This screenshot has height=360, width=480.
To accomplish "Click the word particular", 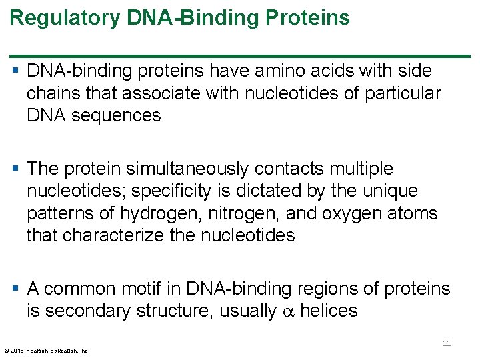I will pos(403,93).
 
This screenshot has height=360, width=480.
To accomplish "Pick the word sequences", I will pos(125,115).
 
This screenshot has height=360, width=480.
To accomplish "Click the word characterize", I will pos(123,235).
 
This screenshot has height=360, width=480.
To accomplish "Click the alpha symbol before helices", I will pos(288,312).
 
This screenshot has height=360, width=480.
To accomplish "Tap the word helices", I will pos(329,311).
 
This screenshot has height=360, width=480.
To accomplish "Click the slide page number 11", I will pos(447,343).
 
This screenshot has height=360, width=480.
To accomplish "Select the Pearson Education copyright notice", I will pos(47,350).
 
